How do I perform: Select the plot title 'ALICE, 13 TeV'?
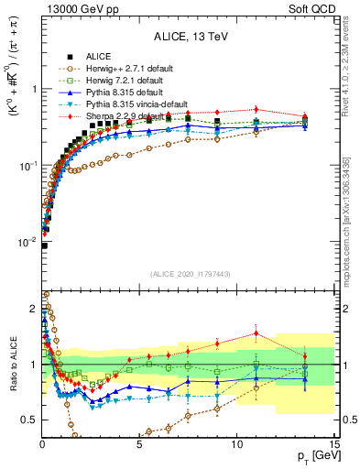coord(190,38)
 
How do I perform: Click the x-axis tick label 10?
coord(237,444)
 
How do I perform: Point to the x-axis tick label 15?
coord(334,444)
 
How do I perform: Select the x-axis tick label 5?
coord(139,444)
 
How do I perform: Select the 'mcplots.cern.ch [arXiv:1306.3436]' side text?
coord(353,211)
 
